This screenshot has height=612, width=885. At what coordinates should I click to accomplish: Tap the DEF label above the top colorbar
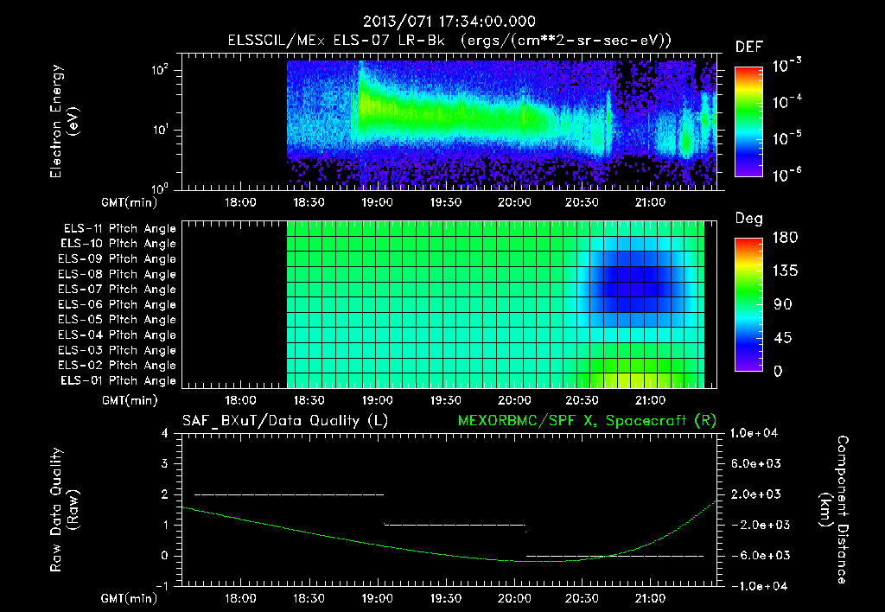748,47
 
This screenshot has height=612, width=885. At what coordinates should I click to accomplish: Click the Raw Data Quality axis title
65,510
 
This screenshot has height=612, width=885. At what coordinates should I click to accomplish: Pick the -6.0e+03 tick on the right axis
756,555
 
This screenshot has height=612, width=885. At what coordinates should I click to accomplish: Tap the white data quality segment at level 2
289,494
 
